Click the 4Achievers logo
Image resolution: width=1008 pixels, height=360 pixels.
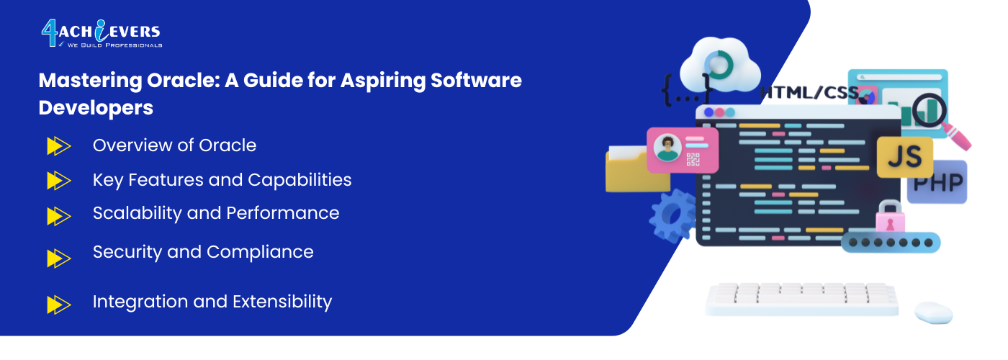102,33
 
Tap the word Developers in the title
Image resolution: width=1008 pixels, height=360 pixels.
96,108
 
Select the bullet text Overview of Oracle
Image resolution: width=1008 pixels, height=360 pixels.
174,145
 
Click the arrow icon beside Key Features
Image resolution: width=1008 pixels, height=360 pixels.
59,181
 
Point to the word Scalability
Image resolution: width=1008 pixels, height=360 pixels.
138,213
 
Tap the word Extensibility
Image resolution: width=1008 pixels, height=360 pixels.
282,302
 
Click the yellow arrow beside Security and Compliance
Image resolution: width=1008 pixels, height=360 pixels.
59,258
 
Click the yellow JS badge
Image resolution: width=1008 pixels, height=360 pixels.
904,157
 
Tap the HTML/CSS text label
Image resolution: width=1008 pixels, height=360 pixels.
809,93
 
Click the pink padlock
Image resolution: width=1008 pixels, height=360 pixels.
890,217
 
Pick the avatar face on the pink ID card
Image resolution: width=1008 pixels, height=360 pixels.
667,148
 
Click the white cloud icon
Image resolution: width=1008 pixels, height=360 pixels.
720,66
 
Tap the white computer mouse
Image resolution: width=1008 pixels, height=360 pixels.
934,312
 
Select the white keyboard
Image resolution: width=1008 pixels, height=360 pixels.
802,300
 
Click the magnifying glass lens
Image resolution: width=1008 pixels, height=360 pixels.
929,109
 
